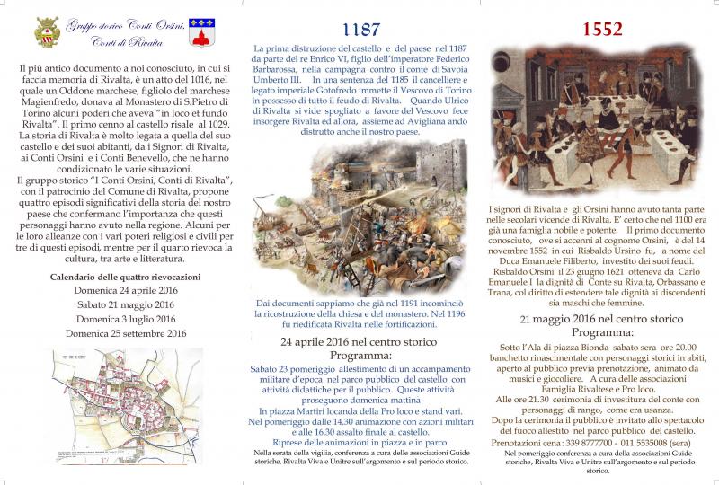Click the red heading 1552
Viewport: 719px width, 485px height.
click(x=600, y=28)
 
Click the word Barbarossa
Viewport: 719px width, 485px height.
click(x=282, y=68)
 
